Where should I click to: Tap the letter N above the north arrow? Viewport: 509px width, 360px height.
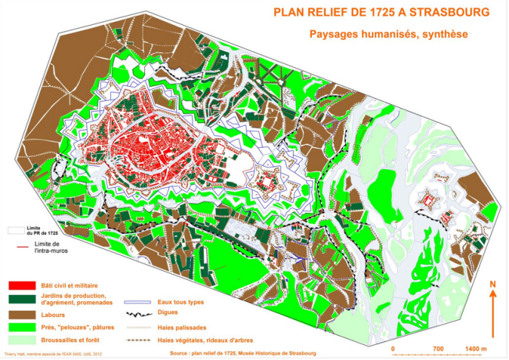point(493,284)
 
